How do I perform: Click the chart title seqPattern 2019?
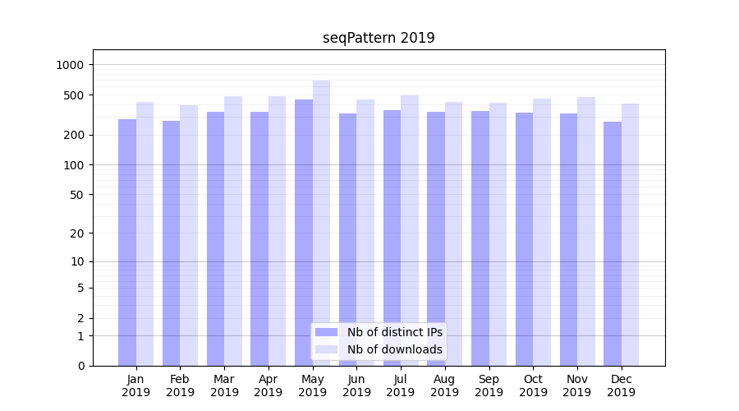pyautogui.click(x=379, y=38)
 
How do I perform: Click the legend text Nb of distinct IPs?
pyautogui.click(x=395, y=332)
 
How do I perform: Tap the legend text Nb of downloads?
pyautogui.click(x=395, y=349)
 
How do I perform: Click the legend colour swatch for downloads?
pyautogui.click(x=327, y=349)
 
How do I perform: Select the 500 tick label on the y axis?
pyautogui.click(x=75, y=95)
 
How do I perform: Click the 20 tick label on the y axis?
pyautogui.click(x=78, y=233)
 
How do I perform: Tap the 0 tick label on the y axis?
pyautogui.click(x=81, y=366)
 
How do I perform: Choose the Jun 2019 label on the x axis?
pyautogui.click(x=356, y=386)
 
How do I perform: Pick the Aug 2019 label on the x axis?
pyautogui.click(x=444, y=386)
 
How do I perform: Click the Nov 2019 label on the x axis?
pyautogui.click(x=577, y=386)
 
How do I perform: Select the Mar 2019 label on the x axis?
pyautogui.click(x=224, y=386)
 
